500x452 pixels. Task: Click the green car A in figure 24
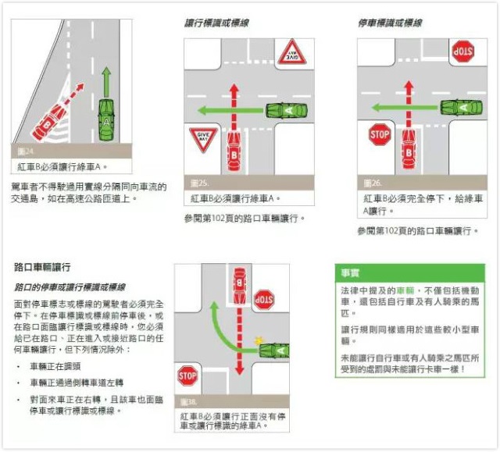coord(106,122)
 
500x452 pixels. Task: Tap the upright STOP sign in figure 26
coord(379,133)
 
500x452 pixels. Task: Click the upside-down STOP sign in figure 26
coord(462,53)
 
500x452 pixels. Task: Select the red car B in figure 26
coord(408,146)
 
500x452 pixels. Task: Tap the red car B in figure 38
coord(240,288)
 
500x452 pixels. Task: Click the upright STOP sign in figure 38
coord(187,379)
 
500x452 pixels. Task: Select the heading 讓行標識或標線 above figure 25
coord(207,24)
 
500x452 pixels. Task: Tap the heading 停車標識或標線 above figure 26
coord(390,24)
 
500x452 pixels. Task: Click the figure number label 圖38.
coord(187,402)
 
